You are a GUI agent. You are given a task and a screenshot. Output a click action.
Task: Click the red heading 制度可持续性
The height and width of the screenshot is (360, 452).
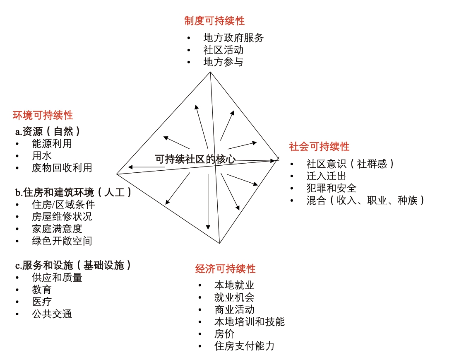[214, 21]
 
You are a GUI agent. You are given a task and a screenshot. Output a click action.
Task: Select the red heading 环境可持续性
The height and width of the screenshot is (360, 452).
[43, 116]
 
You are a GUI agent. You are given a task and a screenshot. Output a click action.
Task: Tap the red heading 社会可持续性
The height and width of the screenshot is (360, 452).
[319, 147]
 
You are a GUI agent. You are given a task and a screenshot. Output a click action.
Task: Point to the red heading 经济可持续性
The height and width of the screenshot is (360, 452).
[225, 269]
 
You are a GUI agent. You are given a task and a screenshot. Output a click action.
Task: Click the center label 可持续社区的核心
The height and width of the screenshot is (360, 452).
[195, 159]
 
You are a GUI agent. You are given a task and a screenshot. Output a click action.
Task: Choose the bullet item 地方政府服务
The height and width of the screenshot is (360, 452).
[233, 38]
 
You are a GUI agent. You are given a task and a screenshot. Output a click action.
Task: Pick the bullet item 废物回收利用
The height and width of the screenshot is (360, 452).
[62, 168]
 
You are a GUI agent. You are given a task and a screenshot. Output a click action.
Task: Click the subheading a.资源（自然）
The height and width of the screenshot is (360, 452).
[48, 132]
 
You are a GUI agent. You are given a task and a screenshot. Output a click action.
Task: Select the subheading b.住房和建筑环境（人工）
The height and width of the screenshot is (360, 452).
[73, 192]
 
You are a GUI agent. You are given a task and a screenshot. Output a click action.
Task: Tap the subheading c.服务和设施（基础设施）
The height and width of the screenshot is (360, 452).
[73, 265]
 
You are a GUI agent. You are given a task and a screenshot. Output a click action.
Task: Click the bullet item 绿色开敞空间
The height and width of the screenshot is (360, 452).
[62, 241]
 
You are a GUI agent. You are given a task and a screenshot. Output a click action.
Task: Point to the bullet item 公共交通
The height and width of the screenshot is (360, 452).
[52, 314]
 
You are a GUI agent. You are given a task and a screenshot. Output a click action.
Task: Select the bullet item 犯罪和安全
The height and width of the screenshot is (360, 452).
[332, 188]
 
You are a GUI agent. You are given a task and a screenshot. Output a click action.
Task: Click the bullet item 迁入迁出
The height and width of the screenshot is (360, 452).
[326, 176]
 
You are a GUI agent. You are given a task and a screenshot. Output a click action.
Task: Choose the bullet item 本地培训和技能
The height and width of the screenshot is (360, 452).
[250, 321]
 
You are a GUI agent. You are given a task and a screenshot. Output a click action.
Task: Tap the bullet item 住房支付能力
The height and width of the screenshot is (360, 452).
[245, 346]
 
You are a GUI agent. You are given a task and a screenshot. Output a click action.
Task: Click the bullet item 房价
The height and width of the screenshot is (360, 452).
[224, 334]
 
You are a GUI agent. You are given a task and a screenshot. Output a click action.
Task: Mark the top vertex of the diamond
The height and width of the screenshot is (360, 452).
[210, 72]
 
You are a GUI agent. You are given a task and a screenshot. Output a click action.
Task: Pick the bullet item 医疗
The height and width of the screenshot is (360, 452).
[42, 302]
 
